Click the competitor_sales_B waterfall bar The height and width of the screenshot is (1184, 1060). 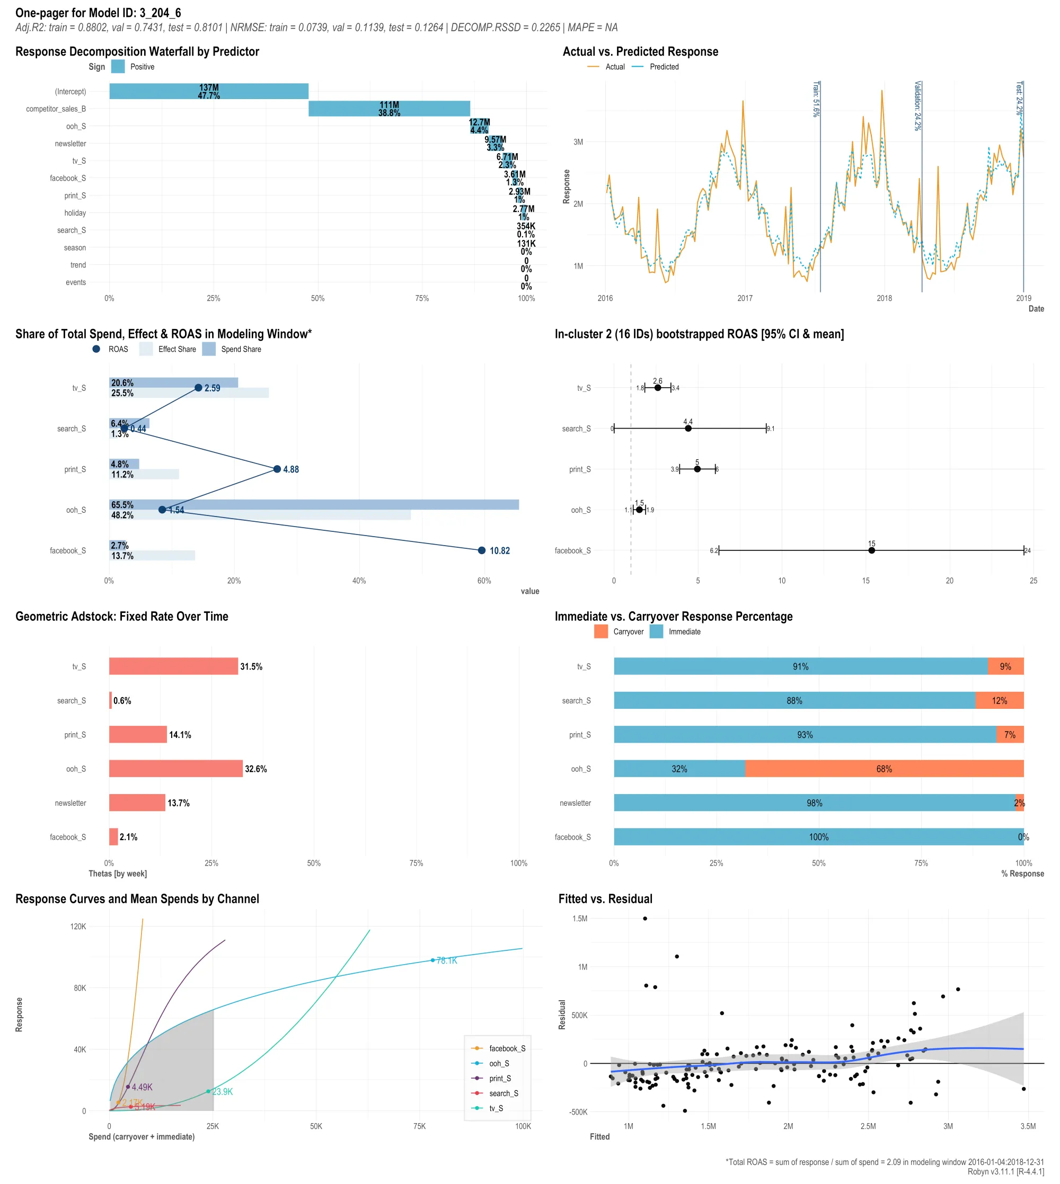click(x=389, y=109)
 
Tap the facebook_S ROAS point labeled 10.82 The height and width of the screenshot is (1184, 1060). click(x=482, y=550)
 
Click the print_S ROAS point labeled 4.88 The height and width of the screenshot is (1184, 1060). click(x=277, y=469)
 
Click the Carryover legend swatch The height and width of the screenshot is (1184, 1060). click(x=600, y=631)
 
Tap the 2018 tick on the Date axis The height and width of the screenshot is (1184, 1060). click(x=884, y=299)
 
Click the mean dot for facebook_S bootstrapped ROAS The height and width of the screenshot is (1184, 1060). click(x=871, y=550)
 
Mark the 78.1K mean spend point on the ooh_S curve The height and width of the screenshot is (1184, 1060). click(x=432, y=960)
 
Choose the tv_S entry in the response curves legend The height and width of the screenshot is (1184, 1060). click(x=496, y=1108)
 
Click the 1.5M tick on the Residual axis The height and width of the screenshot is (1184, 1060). click(x=579, y=919)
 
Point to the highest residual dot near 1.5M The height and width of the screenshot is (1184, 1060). click(x=644, y=919)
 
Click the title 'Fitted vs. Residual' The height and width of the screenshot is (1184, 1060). click(x=605, y=899)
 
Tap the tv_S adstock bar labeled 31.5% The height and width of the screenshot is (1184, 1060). click(x=173, y=666)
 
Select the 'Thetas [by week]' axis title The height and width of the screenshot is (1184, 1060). click(x=118, y=874)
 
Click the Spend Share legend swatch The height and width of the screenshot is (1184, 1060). click(x=208, y=349)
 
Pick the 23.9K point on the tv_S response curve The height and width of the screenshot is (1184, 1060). click(x=208, y=1091)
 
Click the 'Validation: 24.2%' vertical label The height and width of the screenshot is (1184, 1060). click(x=917, y=106)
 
